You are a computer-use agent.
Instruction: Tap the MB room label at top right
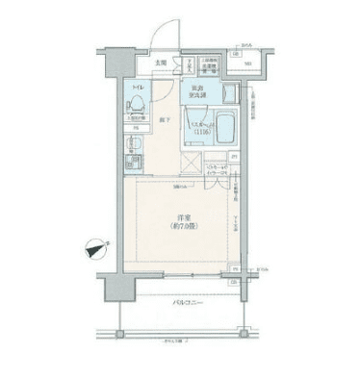(x=247, y=65)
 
